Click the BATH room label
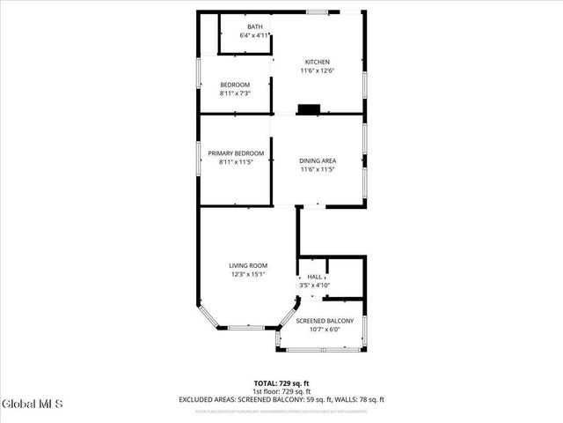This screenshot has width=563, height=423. (254, 27)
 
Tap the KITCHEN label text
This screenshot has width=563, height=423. (318, 62)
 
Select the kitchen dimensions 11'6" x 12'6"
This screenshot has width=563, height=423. (318, 70)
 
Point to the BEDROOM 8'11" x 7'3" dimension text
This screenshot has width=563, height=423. (235, 93)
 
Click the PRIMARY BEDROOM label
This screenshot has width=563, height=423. (235, 152)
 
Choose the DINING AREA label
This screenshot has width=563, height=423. (318, 160)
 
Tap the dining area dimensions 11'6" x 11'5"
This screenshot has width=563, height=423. (318, 169)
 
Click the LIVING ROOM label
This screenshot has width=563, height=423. (248, 265)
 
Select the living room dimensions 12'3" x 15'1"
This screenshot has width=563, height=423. (248, 274)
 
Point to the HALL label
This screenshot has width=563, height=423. (314, 277)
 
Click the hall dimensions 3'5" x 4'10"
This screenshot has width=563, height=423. (314, 286)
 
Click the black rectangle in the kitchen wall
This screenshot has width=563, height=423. (309, 109)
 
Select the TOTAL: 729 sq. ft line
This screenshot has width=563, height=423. (281, 382)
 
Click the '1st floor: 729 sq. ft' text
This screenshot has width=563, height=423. (281, 390)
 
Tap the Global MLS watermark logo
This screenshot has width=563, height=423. (33, 404)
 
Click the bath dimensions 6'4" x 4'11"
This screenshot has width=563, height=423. (254, 36)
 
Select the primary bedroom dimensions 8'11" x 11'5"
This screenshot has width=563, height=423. (235, 161)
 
